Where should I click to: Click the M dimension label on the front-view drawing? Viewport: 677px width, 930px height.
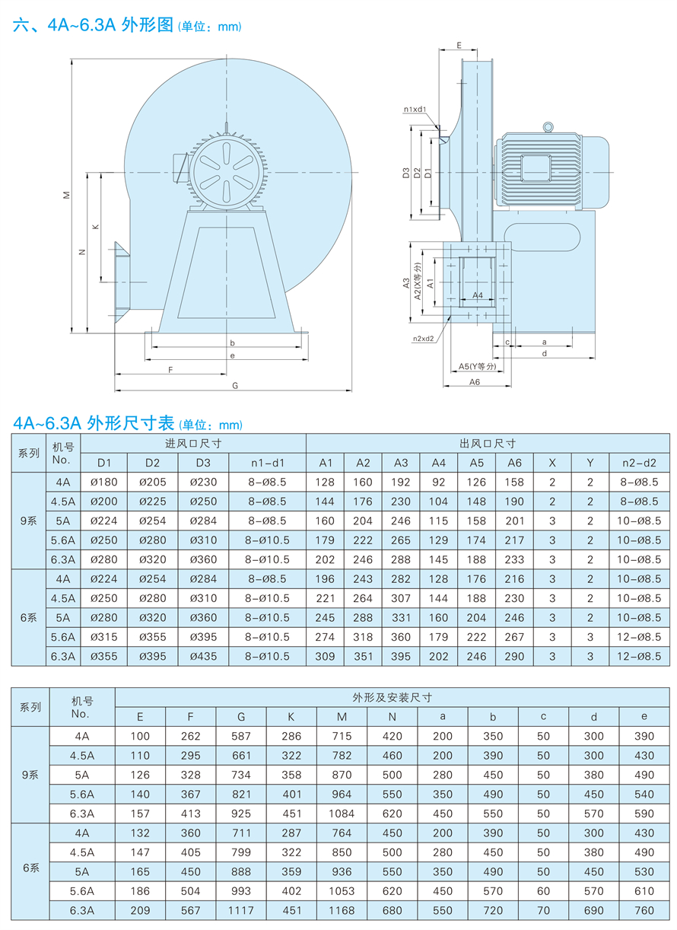click(66, 196)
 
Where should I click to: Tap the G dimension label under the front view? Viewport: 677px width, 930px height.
click(235, 386)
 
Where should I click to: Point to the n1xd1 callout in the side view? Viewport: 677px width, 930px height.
click(415, 110)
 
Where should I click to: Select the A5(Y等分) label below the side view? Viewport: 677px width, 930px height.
click(477, 366)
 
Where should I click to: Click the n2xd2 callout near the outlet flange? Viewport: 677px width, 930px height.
click(424, 339)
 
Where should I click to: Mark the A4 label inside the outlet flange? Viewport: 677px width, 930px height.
click(478, 294)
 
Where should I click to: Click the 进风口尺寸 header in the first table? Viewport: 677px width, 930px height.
click(193, 443)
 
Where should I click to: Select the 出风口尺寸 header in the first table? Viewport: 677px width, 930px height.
click(488, 443)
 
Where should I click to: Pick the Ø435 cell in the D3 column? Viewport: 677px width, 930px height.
click(203, 656)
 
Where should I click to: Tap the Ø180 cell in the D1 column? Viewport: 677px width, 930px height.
click(103, 482)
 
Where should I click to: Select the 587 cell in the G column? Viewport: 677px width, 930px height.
click(241, 736)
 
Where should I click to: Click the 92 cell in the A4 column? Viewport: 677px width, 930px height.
click(439, 482)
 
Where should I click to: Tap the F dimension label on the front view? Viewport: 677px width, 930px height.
click(170, 369)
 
